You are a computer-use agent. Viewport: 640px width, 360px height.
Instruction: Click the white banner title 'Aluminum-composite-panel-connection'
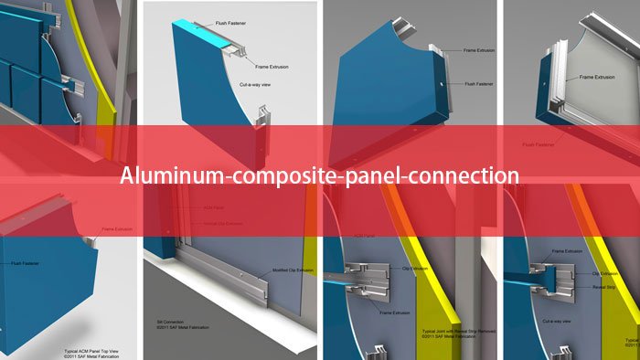coord(320,175)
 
